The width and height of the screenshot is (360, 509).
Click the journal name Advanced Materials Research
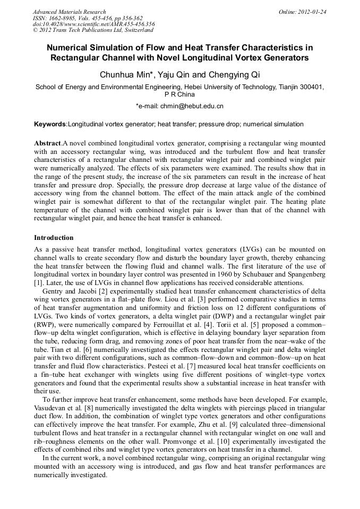[x=69, y=12]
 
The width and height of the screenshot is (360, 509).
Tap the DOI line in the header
[x=93, y=24]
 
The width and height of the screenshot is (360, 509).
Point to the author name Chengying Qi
[x=237, y=74]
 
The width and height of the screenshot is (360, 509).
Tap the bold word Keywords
[x=50, y=124]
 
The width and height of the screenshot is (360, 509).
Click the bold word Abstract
[x=48, y=143]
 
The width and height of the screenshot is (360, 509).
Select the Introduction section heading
[x=54, y=237]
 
